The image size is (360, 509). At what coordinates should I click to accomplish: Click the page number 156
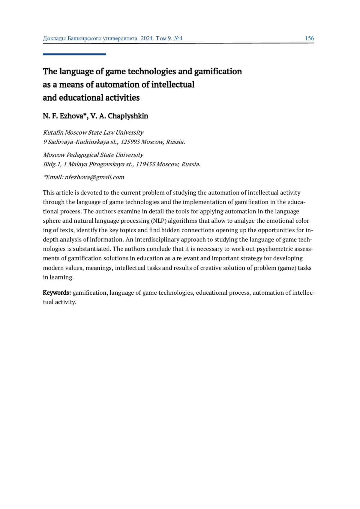pos(309,38)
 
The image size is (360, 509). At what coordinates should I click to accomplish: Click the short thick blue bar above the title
pos(74,54)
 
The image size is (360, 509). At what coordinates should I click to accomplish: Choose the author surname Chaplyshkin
pos(128,116)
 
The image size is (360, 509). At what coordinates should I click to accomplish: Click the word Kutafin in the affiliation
pos(53,132)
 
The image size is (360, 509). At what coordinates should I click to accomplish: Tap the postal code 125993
pos(130,142)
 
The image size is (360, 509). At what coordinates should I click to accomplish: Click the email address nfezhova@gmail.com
pos(94,177)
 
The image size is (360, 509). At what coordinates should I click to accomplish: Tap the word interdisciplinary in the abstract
pos(157,240)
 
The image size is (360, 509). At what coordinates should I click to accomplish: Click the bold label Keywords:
pos(57,293)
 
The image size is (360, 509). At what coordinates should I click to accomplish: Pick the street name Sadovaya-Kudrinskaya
pos(78,142)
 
